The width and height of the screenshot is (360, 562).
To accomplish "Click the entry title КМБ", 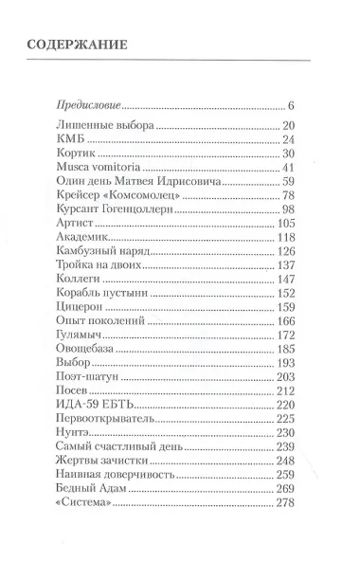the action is pyautogui.click(x=71, y=139).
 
